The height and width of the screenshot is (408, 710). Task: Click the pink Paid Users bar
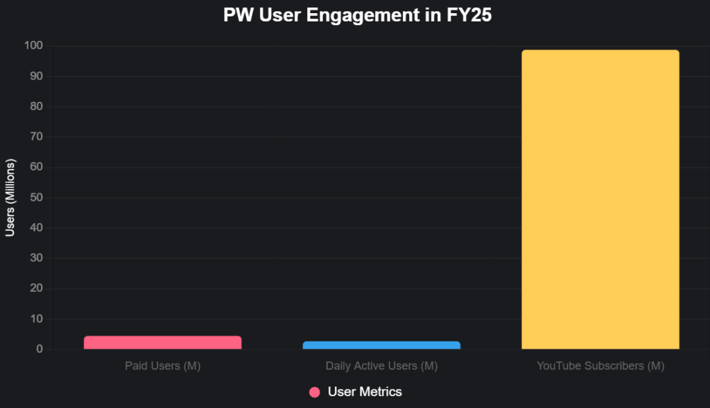click(x=162, y=342)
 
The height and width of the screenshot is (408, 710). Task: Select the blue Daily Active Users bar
click(x=381, y=345)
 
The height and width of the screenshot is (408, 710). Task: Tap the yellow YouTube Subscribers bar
click(x=600, y=199)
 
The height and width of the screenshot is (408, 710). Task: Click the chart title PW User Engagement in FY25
click(x=357, y=16)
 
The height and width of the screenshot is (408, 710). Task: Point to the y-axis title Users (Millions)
click(x=10, y=197)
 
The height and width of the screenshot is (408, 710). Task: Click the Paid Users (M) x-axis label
click(x=162, y=366)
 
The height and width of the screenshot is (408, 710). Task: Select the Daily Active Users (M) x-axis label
click(x=381, y=366)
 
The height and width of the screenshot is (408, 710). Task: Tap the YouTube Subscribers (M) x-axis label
click(x=600, y=366)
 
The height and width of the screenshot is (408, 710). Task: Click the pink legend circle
click(x=315, y=392)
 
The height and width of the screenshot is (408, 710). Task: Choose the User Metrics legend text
click(x=365, y=392)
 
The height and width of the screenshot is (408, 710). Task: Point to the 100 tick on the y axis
click(x=34, y=46)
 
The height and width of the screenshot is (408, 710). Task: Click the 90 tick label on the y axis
click(x=36, y=76)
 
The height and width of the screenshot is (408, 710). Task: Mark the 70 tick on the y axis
click(x=36, y=137)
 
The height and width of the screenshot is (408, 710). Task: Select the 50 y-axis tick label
click(x=36, y=197)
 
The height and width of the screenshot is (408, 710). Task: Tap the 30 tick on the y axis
click(x=36, y=258)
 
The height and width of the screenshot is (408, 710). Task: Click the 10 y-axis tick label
click(x=36, y=319)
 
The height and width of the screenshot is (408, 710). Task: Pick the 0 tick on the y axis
click(x=40, y=350)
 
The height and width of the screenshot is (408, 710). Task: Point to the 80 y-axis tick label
click(x=36, y=107)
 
